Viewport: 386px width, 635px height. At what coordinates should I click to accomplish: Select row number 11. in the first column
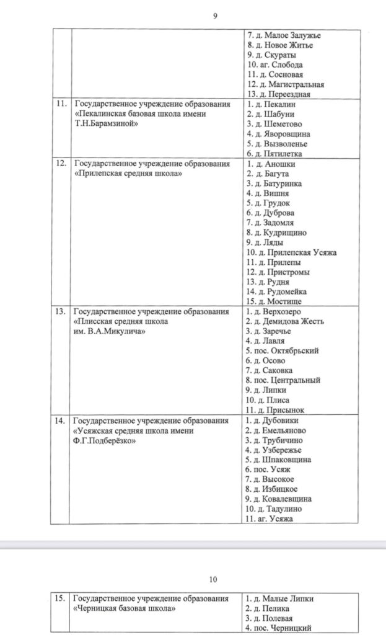pos(61,104)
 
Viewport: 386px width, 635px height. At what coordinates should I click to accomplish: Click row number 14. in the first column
pos(61,420)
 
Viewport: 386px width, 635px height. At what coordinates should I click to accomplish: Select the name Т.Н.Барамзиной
pos(105,123)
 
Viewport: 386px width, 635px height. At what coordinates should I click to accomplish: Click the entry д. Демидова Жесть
pos(285,321)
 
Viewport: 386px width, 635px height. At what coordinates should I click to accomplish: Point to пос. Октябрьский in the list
pos(283,350)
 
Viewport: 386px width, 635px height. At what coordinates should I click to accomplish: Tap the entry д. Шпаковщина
pos(279,460)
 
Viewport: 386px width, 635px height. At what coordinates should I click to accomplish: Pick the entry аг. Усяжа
pos(270,518)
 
